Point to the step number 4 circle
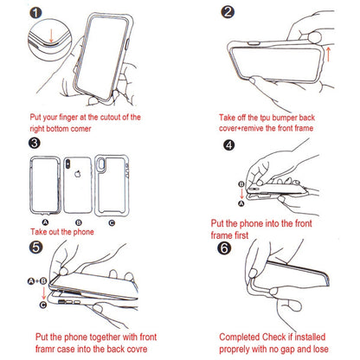[228, 146]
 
